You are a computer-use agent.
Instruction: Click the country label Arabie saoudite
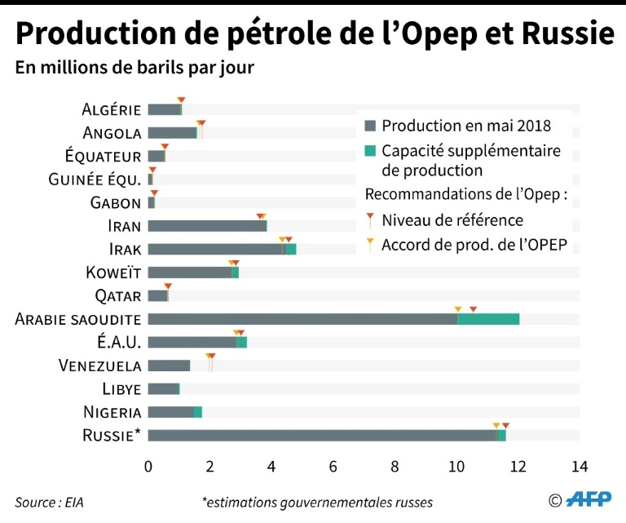click(78, 319)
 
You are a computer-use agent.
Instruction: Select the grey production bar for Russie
click(322, 436)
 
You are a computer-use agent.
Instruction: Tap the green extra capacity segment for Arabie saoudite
click(488, 319)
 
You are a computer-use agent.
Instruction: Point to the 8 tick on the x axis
click(395, 467)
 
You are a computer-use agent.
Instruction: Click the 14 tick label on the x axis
click(580, 467)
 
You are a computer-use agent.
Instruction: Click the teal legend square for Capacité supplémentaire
click(370, 151)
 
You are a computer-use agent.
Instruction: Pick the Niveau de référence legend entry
click(452, 220)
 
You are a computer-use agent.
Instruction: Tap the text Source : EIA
click(49, 502)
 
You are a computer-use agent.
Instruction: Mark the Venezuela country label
click(99, 366)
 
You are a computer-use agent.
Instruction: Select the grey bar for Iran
click(205, 226)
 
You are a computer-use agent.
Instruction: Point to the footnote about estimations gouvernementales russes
click(318, 502)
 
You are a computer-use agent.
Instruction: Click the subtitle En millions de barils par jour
click(134, 68)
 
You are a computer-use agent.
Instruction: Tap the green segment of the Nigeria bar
click(197, 412)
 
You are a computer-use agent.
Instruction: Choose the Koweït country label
click(113, 273)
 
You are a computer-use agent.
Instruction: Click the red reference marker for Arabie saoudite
click(473, 310)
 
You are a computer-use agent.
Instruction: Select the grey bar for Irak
click(215, 249)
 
